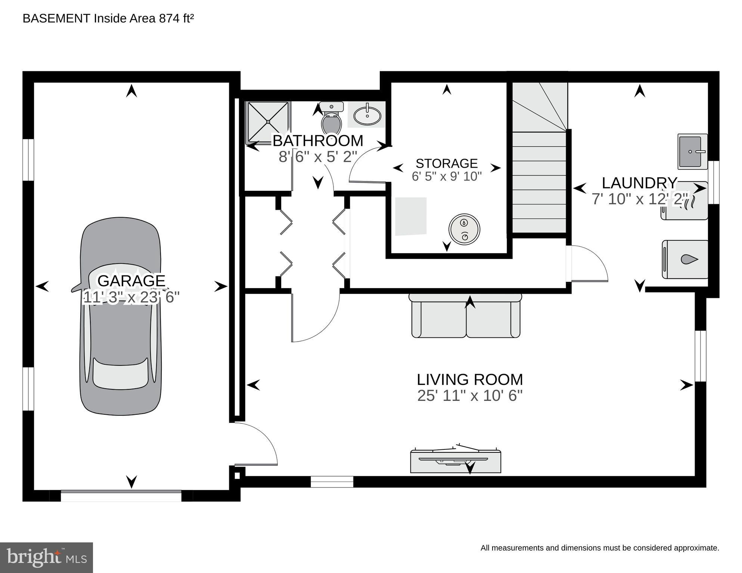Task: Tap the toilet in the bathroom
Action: click(332, 118)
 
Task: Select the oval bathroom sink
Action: click(367, 115)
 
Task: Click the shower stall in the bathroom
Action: click(268, 122)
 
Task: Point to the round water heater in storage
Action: click(464, 229)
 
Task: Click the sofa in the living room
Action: click(465, 315)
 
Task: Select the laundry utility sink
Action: click(693, 151)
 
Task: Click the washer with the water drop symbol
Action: click(685, 259)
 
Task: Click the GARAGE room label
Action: click(131, 281)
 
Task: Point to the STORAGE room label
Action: click(447, 164)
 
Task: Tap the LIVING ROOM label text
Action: click(470, 380)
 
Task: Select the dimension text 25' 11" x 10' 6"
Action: click(470, 396)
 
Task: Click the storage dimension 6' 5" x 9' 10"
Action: click(447, 177)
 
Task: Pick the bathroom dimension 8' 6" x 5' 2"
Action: click(318, 157)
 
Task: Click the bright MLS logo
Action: click(46, 558)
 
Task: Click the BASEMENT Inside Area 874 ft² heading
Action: click(108, 18)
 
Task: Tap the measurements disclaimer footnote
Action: click(600, 548)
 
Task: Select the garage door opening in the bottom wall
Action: click(121, 496)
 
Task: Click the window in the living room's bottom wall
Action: click(332, 482)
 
